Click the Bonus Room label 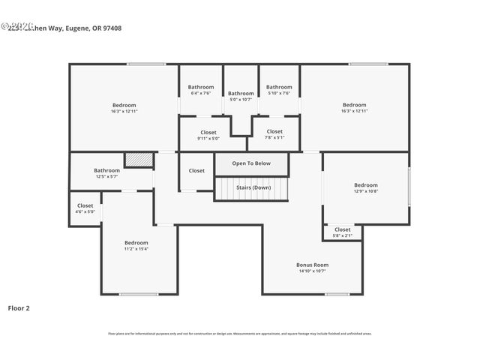click(x=312, y=265)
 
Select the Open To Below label click(x=251, y=163)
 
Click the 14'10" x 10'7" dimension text click(x=312, y=271)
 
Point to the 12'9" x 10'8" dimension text click(x=366, y=191)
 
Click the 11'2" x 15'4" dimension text click(x=136, y=249)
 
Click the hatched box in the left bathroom click(x=139, y=160)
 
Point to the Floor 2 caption click(x=19, y=307)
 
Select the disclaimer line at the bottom click(x=240, y=334)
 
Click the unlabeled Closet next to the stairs click(x=196, y=170)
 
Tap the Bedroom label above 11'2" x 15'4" click(x=136, y=242)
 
